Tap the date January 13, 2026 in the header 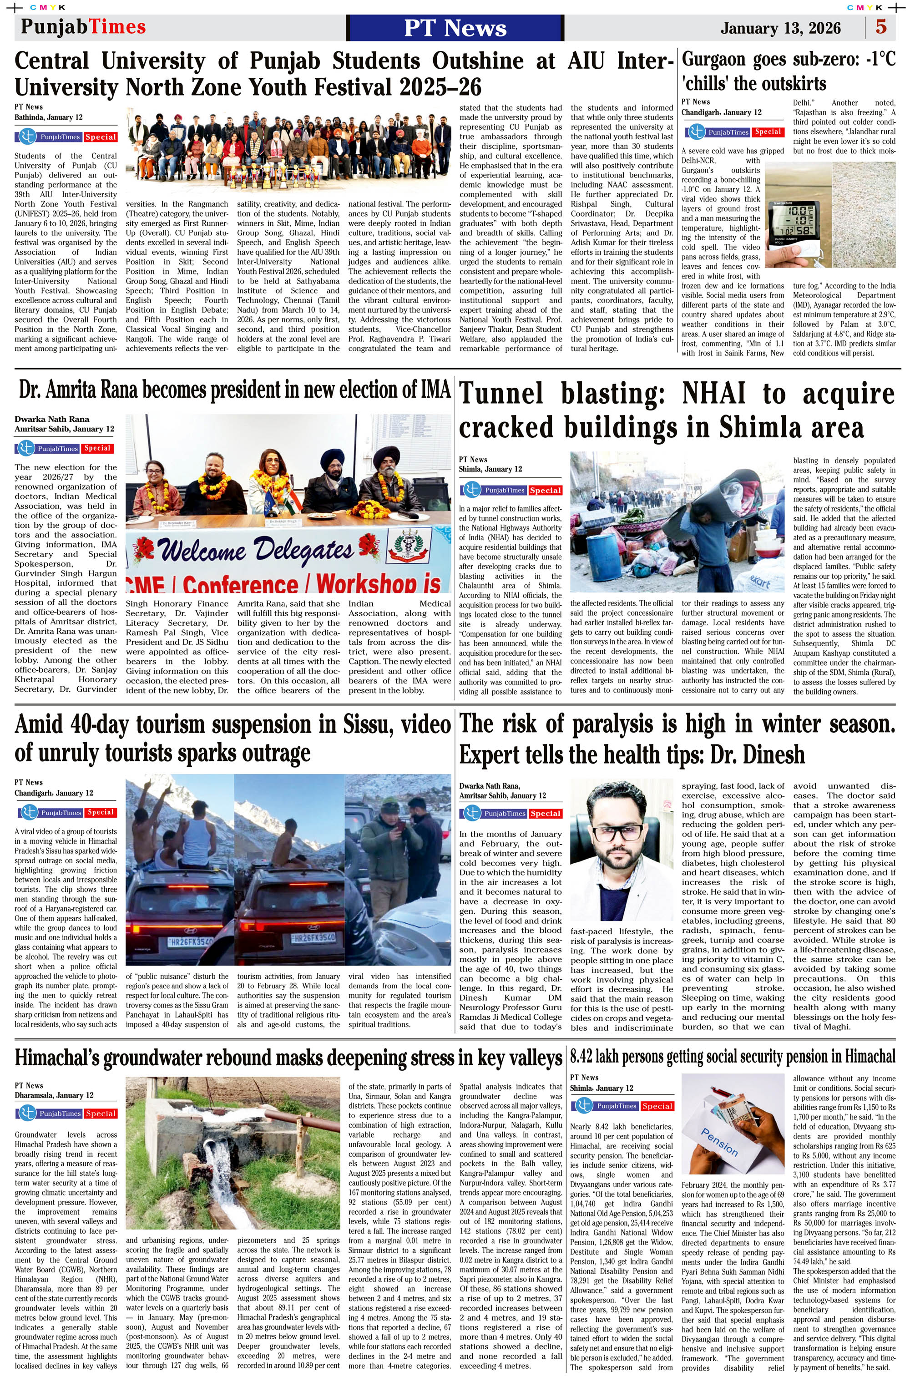pyautogui.click(x=780, y=28)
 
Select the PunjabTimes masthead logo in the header pyautogui.click(x=83, y=27)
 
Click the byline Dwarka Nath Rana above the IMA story pyautogui.click(x=52, y=419)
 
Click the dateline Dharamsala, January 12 pyautogui.click(x=54, y=1095)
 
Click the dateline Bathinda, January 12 pyautogui.click(x=49, y=117)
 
